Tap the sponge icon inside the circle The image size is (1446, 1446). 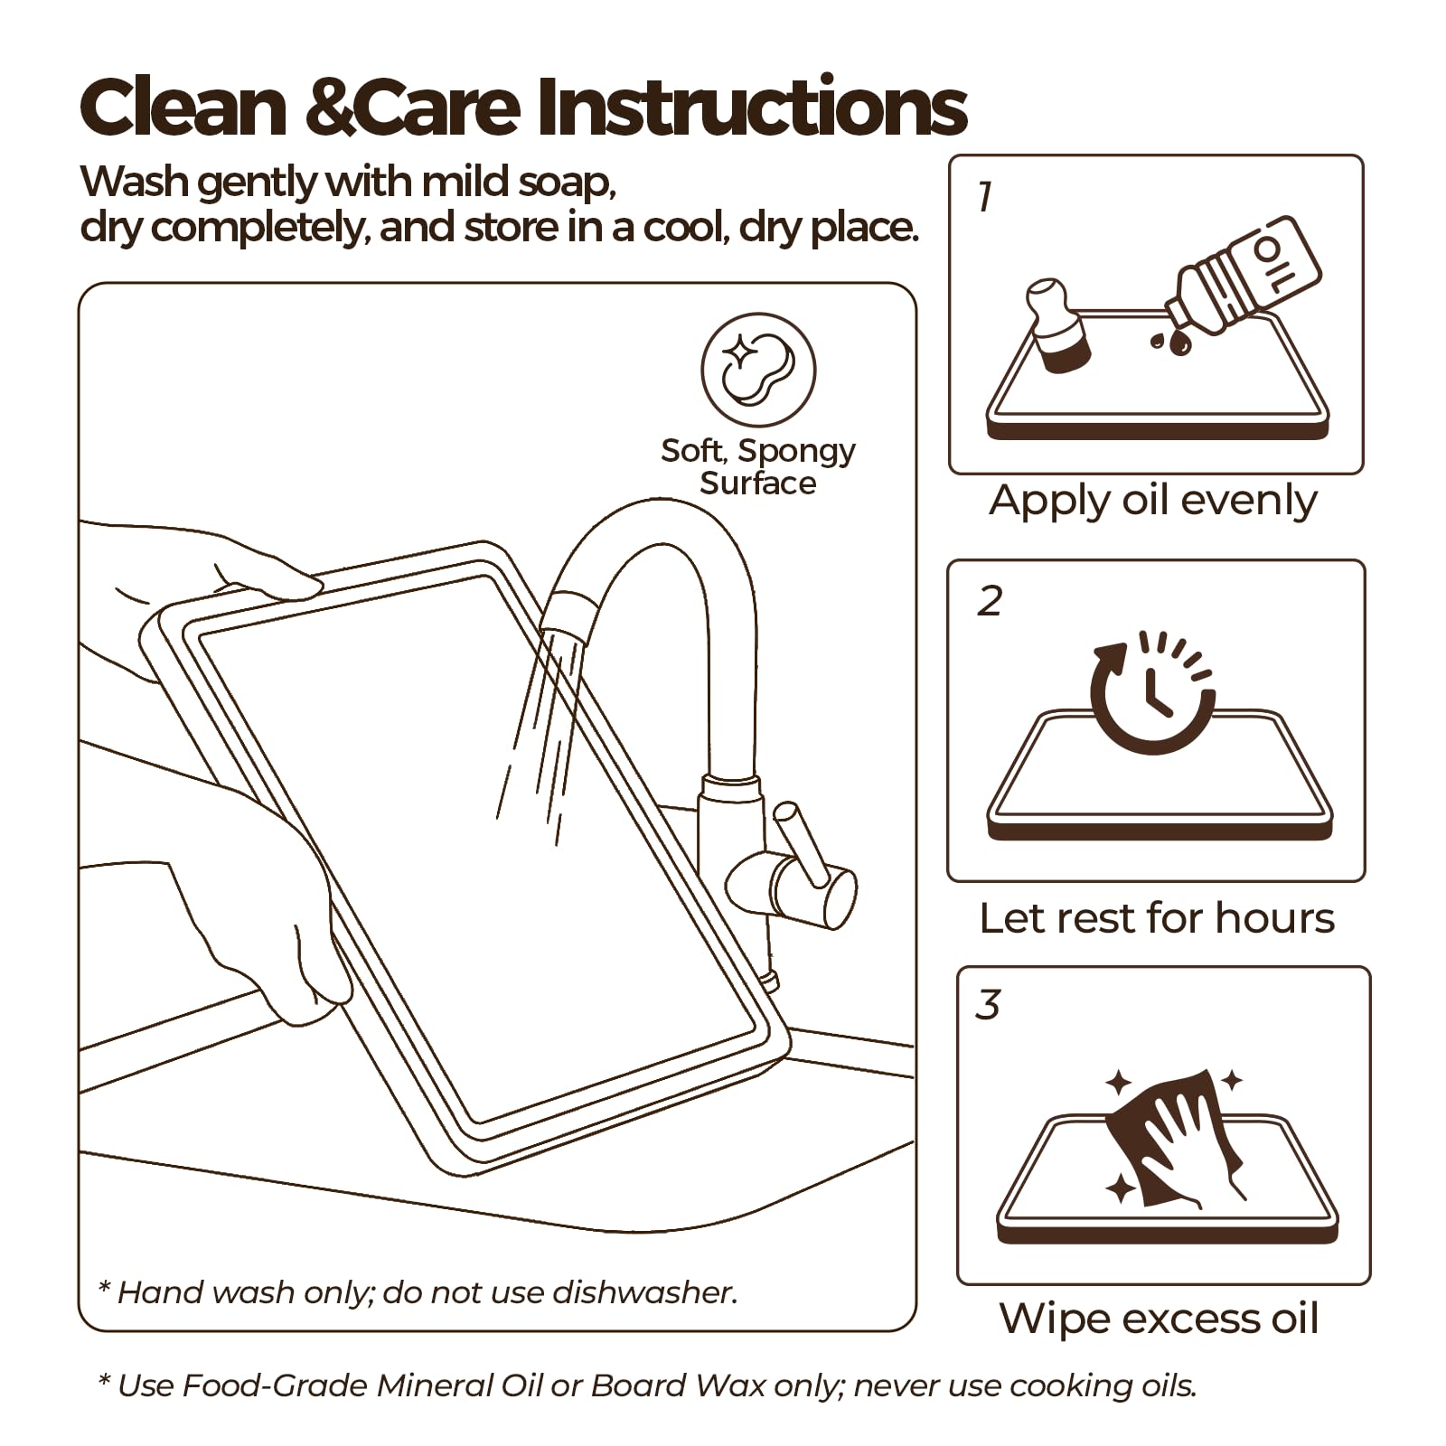click(758, 370)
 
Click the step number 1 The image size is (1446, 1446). click(985, 196)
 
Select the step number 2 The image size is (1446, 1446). click(990, 600)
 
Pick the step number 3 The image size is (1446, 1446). click(988, 1004)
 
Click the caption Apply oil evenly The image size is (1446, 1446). click(1153, 501)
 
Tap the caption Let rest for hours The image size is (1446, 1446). click(1157, 918)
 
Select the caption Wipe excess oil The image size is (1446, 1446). click(1159, 1319)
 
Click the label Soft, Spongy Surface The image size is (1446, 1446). click(758, 466)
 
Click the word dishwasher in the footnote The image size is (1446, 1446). click(644, 1292)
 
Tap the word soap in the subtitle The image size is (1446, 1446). click(567, 183)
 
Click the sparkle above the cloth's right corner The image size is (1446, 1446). click(1230, 1079)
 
